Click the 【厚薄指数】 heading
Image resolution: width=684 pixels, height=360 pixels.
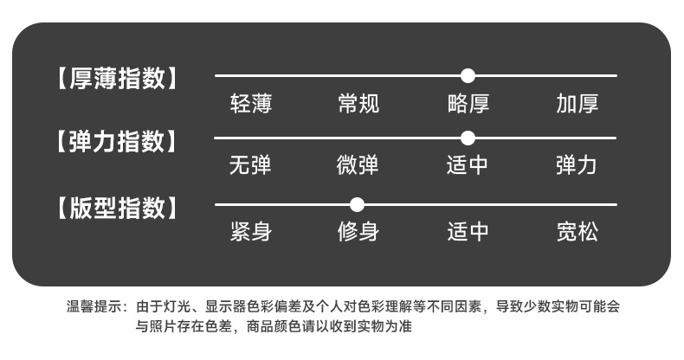118,79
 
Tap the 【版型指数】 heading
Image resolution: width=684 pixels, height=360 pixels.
118,209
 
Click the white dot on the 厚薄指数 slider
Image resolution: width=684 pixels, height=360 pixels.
468,75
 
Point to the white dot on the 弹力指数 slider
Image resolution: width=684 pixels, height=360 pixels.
468,138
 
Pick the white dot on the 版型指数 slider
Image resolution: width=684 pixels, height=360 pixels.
357,205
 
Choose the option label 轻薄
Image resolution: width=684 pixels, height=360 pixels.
251,106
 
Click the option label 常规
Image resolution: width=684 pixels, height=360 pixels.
358,106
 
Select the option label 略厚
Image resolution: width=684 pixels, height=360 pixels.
468,106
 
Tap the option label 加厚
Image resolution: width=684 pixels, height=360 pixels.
578,106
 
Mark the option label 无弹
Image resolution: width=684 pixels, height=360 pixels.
251,165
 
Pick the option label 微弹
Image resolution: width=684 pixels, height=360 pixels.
358,165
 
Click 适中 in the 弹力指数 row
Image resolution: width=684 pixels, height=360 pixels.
468,165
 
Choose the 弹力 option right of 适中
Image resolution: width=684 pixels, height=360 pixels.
578,165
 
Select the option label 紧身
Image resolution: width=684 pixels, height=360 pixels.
251,233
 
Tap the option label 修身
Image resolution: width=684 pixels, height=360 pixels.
358,233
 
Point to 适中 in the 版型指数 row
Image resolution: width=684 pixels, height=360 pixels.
468,233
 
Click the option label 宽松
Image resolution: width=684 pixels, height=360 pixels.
578,233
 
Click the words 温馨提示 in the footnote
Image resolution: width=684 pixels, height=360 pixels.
94,307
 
